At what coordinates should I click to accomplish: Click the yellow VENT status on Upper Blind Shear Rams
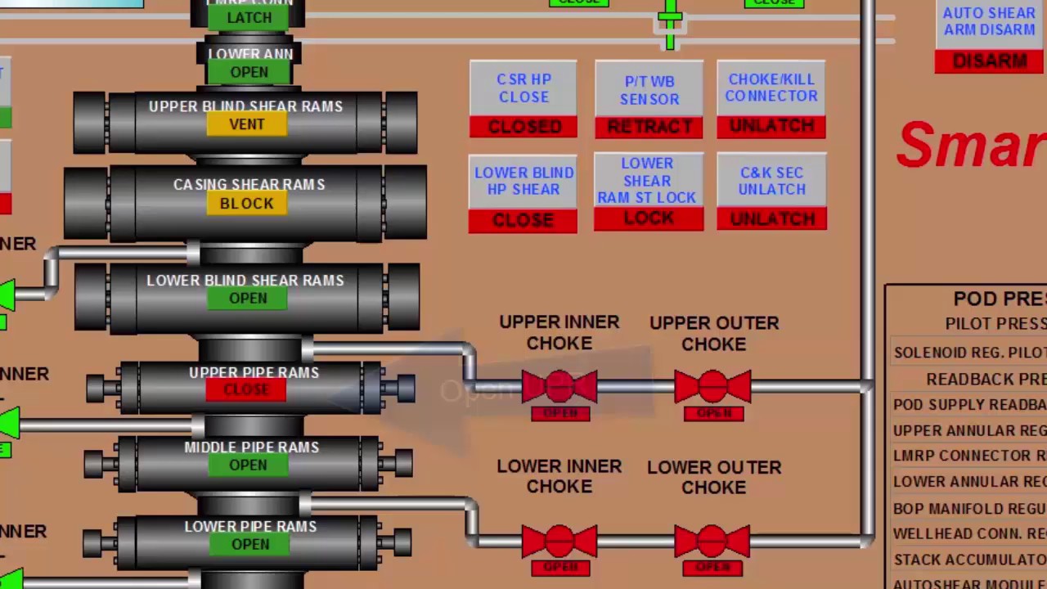point(246,124)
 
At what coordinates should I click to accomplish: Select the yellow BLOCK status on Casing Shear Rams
point(246,204)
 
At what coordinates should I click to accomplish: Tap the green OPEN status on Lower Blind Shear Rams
point(248,299)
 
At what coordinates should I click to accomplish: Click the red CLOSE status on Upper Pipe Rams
point(246,390)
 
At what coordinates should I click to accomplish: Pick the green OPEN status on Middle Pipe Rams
point(248,465)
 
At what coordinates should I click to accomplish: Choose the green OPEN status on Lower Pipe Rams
point(249,545)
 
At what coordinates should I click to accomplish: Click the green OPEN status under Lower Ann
point(249,73)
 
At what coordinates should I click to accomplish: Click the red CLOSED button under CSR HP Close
point(523,127)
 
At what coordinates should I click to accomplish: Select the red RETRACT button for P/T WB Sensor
point(649,127)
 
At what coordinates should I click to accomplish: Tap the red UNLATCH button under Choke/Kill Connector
point(771,126)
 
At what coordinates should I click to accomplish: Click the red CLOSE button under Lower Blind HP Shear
point(523,221)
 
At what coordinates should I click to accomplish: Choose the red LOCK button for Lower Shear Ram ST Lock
point(649,218)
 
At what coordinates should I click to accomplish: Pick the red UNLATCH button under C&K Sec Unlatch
point(771,218)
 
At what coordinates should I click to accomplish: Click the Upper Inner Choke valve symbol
point(559,386)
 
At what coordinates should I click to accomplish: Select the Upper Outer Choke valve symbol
point(712,386)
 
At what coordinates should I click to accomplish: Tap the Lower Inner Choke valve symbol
point(559,541)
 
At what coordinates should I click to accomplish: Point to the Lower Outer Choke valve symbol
point(712,541)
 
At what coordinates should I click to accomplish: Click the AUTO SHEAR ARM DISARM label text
point(989,21)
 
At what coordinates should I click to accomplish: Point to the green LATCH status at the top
point(249,17)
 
